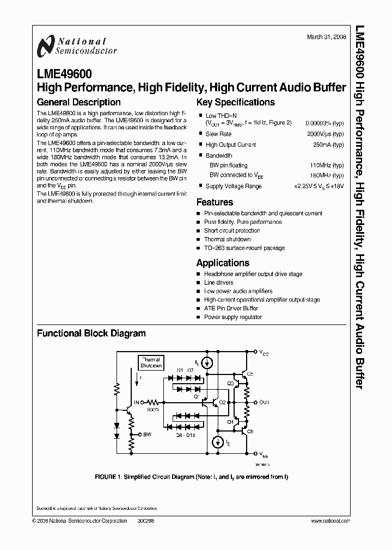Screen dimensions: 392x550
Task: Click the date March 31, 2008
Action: click(325, 37)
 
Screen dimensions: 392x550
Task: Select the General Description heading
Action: click(78, 102)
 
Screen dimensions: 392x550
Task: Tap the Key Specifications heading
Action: click(236, 102)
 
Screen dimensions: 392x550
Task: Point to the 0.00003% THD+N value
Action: click(324, 123)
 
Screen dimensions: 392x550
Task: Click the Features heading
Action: click(215, 202)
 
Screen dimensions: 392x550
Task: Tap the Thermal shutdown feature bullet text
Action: click(227, 239)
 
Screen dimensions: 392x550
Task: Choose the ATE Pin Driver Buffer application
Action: click(231, 308)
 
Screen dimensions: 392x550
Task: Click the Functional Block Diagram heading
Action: click(91, 333)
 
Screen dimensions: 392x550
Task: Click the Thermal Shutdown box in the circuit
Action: click(151, 362)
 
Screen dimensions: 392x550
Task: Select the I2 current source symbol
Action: click(218, 442)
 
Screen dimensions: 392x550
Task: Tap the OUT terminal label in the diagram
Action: click(264, 403)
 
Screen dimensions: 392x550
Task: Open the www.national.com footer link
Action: click(330, 520)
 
